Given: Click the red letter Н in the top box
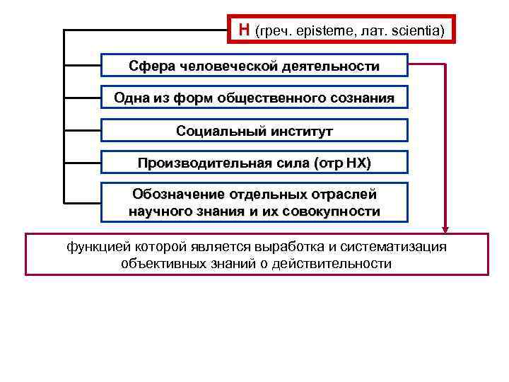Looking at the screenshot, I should pyautogui.click(x=244, y=30).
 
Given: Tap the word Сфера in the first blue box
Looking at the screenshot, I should pyautogui.click(x=150, y=66).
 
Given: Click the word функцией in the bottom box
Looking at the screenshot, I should pyautogui.click(x=95, y=247).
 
